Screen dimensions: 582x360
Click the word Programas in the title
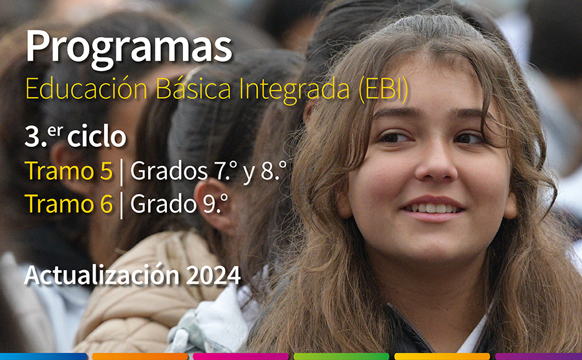click(129, 48)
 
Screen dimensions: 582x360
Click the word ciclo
click(96, 136)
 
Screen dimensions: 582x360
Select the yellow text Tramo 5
click(69, 171)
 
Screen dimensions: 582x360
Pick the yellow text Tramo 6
click(69, 204)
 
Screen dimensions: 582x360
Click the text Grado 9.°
click(179, 204)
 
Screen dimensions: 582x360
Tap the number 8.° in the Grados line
click(274, 171)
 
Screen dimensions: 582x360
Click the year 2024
click(213, 275)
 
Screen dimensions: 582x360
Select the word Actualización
click(102, 275)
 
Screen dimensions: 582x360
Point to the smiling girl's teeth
click(433, 208)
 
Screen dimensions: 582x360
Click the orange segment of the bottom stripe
click(140, 357)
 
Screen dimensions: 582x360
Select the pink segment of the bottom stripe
click(241, 357)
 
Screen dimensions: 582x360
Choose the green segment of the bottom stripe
click(341, 357)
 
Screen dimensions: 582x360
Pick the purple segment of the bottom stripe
click(539, 357)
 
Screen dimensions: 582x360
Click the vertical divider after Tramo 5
click(122, 172)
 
